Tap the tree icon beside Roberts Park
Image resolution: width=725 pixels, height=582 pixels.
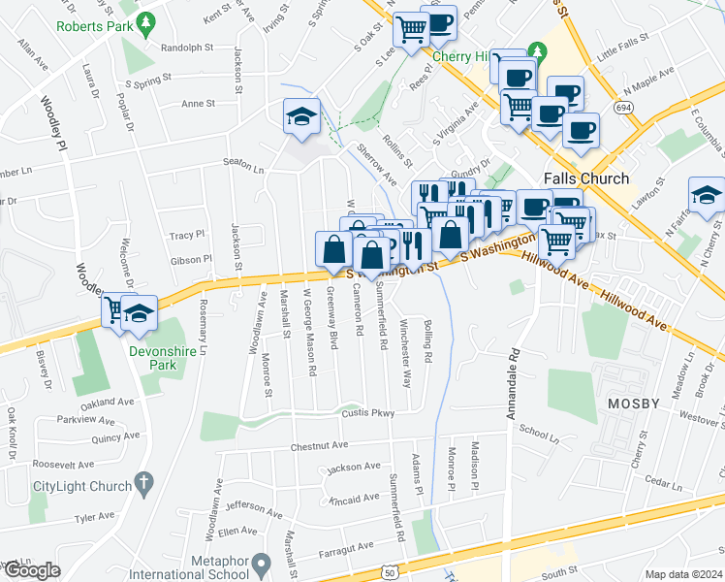coord(145,21)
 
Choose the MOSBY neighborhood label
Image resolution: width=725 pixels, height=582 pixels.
coord(633,403)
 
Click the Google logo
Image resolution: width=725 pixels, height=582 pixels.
coord(31,570)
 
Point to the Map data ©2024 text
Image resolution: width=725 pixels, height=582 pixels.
coord(683,574)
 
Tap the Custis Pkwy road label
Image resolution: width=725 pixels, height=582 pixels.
coord(367,413)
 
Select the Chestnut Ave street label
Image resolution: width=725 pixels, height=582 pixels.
coord(319,447)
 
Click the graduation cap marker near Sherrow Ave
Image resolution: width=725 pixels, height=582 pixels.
coord(301,118)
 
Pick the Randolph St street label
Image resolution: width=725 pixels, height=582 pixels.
coord(186,47)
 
